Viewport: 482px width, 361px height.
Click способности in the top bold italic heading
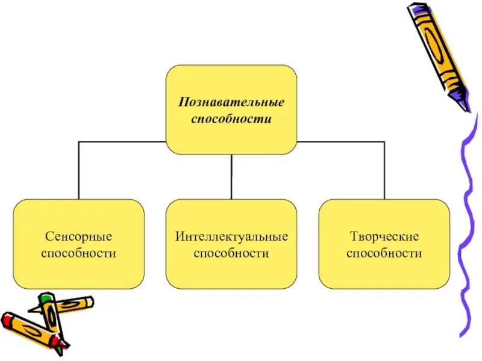point(231,119)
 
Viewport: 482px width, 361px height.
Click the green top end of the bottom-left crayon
point(46,298)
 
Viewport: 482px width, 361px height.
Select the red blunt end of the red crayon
point(8,320)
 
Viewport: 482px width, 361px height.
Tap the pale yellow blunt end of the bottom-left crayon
point(89,300)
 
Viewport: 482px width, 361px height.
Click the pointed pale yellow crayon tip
point(34,310)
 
